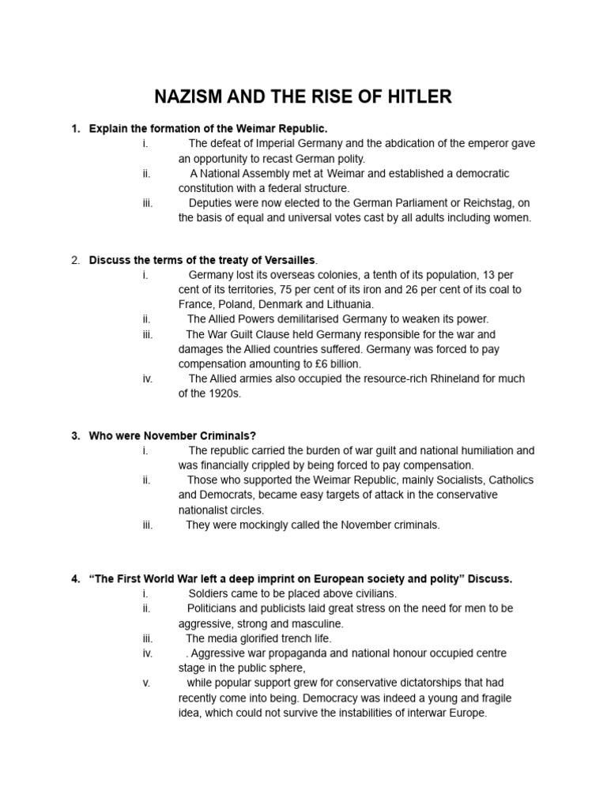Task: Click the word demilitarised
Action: click(x=300, y=319)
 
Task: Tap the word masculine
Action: click(x=316, y=623)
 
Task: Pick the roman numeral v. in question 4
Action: click(x=146, y=683)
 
